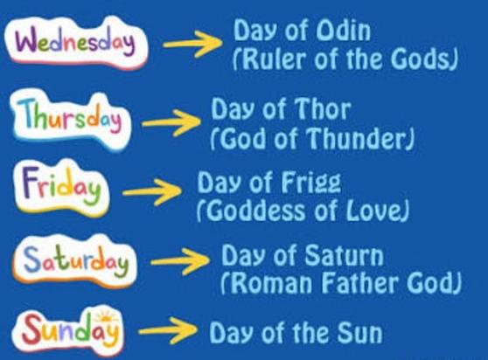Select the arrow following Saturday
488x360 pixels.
pos(180,260)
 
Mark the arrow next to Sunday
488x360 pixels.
pos(167,332)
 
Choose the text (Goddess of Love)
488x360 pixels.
pos(303,211)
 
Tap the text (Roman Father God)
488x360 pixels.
pos(340,284)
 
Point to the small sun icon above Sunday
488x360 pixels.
pos(107,315)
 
